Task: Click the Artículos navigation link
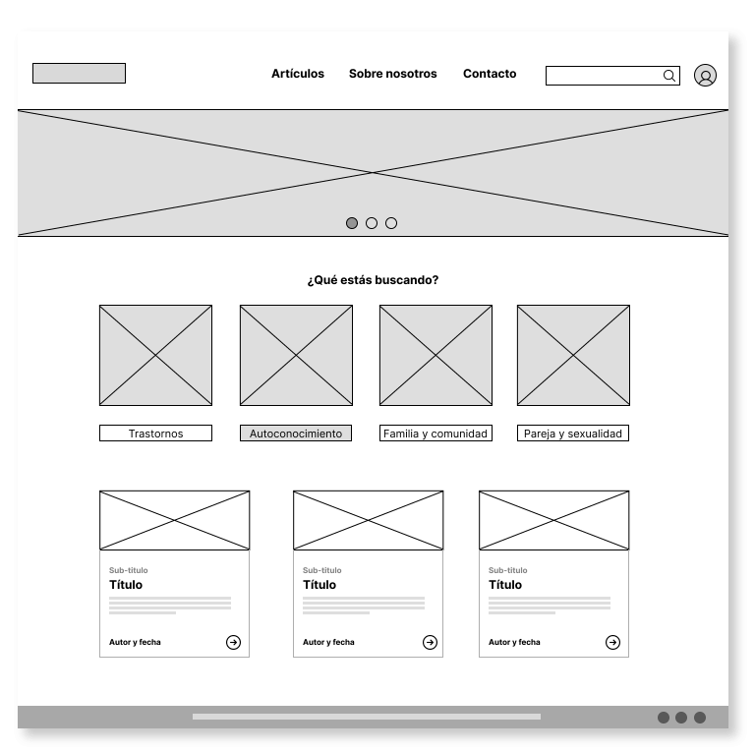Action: [x=298, y=74]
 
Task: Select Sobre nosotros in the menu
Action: [x=393, y=74]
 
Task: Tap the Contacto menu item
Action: [x=490, y=74]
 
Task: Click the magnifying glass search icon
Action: [x=669, y=76]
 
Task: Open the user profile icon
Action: [x=705, y=76]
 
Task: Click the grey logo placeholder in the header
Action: [x=79, y=73]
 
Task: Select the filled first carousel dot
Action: [x=352, y=223]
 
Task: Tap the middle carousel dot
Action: [x=372, y=223]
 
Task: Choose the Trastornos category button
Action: [x=155, y=434]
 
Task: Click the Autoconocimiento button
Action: [x=296, y=434]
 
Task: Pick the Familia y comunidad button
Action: [x=436, y=434]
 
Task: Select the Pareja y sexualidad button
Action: [x=573, y=434]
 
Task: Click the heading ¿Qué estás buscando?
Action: [x=374, y=280]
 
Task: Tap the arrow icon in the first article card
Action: [x=234, y=642]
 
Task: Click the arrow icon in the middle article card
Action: [x=430, y=642]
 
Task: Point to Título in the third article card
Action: [x=505, y=585]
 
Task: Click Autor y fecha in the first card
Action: [x=135, y=642]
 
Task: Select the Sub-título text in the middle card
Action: [x=322, y=570]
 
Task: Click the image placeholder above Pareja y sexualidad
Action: [x=573, y=355]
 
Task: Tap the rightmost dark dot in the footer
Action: [x=700, y=718]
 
